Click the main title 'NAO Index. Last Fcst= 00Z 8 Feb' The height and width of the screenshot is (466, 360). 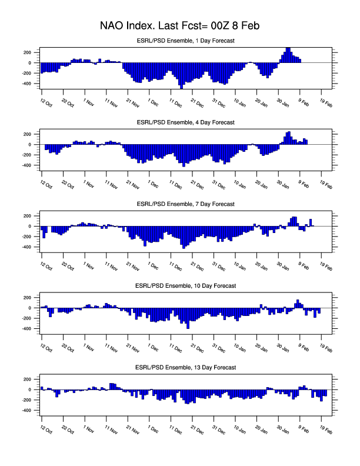180,26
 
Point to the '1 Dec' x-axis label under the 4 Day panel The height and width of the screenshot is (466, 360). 154,184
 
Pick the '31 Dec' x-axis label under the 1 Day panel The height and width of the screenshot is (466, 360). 218,103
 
